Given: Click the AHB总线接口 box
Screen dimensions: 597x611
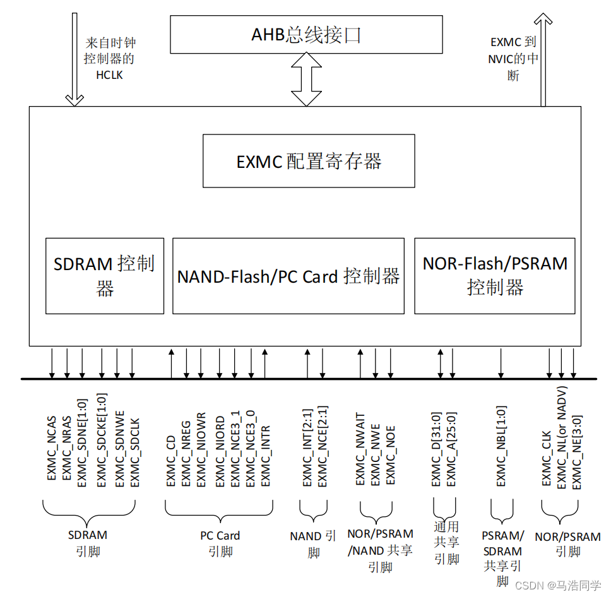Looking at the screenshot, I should [306, 35].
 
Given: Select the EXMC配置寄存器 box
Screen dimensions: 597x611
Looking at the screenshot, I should [309, 161].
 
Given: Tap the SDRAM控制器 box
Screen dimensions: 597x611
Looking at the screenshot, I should [105, 276].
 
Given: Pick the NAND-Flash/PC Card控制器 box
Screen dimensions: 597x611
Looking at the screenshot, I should [288, 276].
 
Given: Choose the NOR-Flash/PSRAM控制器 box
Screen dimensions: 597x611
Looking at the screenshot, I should [494, 276].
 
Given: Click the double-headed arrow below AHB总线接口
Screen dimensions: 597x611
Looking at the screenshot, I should [307, 80].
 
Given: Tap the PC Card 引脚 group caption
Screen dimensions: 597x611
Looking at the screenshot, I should [220, 543].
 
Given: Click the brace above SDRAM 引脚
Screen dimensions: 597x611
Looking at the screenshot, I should [89, 509].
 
